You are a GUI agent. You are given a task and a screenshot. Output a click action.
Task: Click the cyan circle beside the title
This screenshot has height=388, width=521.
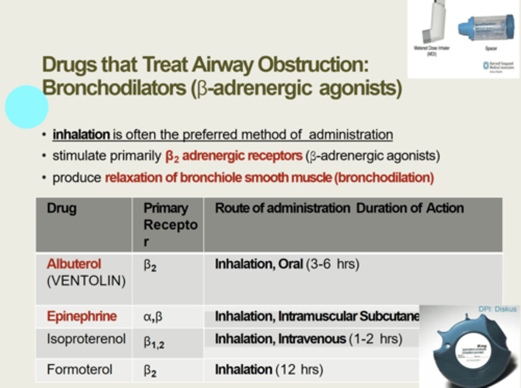tap(26, 107)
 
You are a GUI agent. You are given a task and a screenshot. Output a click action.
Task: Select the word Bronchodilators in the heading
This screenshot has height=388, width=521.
tap(114, 88)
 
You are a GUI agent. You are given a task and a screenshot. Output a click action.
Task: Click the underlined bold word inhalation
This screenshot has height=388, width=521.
tap(81, 135)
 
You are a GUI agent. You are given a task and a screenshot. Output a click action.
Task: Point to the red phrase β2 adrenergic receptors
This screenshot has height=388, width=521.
tap(234, 156)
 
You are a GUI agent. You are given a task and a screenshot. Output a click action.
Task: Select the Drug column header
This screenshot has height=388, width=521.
tap(62, 208)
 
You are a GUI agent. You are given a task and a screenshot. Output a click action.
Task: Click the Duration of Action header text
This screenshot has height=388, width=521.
tap(410, 208)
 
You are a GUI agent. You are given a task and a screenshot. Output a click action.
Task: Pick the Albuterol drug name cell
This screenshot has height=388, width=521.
tap(74, 264)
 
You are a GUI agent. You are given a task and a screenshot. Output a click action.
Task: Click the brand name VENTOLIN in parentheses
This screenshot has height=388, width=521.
tap(86, 281)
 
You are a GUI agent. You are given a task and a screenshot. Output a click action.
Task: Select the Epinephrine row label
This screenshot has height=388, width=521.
tap(82, 316)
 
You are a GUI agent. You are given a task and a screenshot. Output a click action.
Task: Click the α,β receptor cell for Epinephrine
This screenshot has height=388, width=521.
tap(153, 317)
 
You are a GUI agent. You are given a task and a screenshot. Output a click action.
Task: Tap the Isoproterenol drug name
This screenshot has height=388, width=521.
tap(86, 339)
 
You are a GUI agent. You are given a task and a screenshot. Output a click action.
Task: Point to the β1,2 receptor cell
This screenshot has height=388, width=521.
tap(154, 342)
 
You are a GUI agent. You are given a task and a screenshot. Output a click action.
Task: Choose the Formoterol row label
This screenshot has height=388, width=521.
tap(80, 370)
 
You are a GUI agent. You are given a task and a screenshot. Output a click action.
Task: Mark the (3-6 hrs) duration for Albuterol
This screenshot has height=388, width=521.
tap(332, 264)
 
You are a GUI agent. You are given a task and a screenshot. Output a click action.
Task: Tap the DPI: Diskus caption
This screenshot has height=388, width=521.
tap(497, 309)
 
